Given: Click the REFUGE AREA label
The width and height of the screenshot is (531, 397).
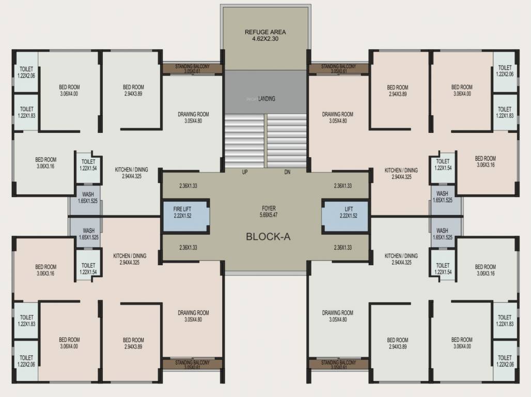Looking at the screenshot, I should [265, 32].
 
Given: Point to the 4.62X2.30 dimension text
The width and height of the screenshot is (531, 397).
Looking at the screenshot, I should [265, 39].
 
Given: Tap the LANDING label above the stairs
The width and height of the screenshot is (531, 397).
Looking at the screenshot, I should [267, 98].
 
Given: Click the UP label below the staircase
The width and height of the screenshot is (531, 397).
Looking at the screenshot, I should [245, 172].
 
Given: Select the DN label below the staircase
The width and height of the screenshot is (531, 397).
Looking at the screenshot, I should [287, 172].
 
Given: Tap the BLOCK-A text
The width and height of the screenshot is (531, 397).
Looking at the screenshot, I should [268, 237].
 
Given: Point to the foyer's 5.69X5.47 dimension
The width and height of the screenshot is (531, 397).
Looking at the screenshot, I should [269, 215].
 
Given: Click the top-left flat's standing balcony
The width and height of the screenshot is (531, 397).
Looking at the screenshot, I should [192, 69].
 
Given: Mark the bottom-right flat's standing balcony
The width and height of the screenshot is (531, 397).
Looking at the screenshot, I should [338, 364].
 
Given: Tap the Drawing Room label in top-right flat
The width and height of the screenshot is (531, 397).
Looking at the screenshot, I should [338, 114].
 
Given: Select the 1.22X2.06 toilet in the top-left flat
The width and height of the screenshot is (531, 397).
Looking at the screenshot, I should [26, 71].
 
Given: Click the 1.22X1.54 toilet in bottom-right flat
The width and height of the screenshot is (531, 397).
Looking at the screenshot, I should [442, 268].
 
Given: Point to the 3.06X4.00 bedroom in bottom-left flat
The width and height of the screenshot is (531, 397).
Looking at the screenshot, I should [69, 343].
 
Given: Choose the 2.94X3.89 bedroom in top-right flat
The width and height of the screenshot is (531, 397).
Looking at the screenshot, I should [398, 91].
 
